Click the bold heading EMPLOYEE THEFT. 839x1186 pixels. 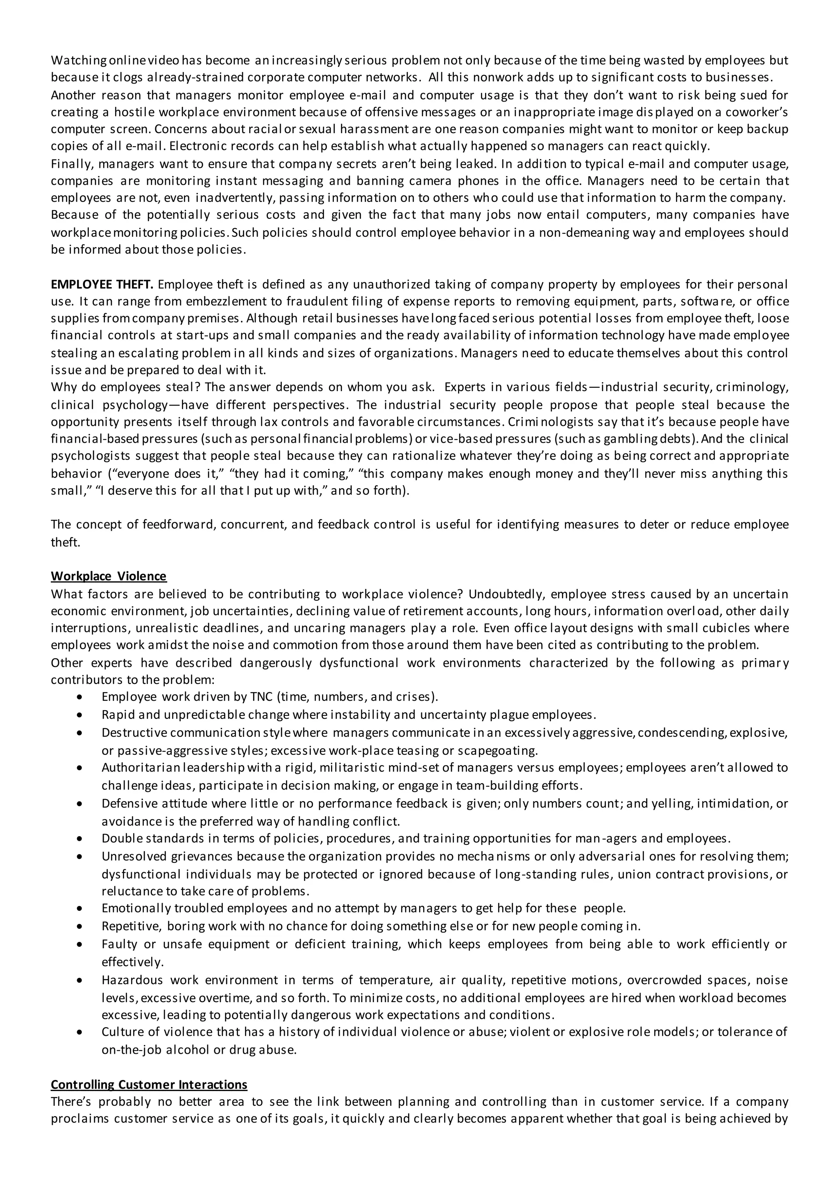(102, 284)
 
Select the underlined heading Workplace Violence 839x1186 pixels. (109, 576)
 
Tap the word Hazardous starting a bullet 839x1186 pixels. (132, 979)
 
